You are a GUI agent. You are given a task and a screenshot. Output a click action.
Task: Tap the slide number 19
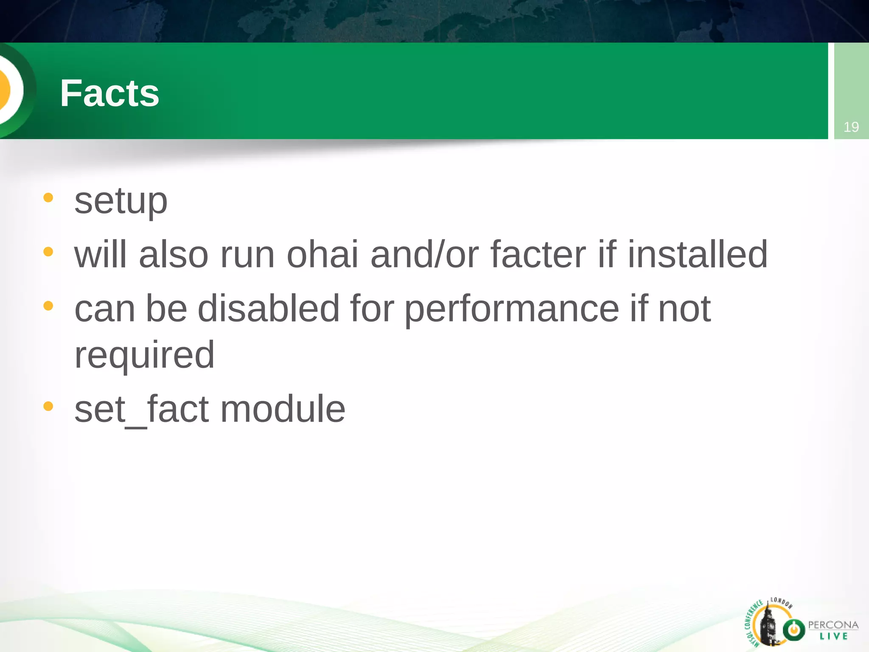851,127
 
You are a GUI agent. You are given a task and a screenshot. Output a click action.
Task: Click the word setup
121,201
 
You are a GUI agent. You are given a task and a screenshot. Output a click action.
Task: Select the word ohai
322,255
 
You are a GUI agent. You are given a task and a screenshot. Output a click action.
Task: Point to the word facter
538,255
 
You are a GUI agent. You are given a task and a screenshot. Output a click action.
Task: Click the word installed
697,255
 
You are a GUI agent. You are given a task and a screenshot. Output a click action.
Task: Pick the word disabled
268,309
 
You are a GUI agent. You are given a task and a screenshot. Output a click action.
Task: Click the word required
144,356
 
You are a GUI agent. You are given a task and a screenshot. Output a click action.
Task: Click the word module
283,409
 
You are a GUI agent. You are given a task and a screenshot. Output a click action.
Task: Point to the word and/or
424,255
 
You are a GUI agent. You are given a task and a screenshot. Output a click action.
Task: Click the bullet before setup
48,197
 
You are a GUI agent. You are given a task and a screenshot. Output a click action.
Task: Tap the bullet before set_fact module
48,406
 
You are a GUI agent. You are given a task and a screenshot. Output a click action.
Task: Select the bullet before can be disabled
48,306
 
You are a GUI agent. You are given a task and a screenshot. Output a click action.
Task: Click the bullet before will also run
48,252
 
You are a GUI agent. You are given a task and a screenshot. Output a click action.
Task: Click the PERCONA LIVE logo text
833,630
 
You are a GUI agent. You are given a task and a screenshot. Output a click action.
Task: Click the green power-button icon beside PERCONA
793,630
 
